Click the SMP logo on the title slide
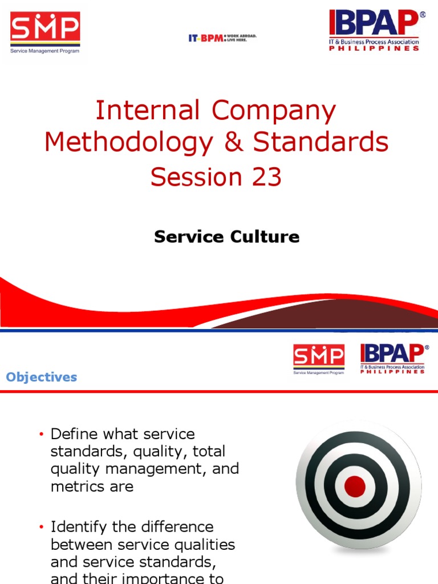pyautogui.click(x=45, y=33)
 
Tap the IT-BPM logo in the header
pyautogui.click(x=222, y=38)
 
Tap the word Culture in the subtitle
pyautogui.click(x=264, y=237)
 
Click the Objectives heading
pyautogui.click(x=41, y=377)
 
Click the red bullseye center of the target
pyautogui.click(x=355, y=486)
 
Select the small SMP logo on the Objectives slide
pyautogui.click(x=319, y=358)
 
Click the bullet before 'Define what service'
pyautogui.click(x=41, y=435)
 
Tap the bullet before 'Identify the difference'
pyautogui.click(x=41, y=527)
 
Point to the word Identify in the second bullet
pyautogui.click(x=75, y=526)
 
